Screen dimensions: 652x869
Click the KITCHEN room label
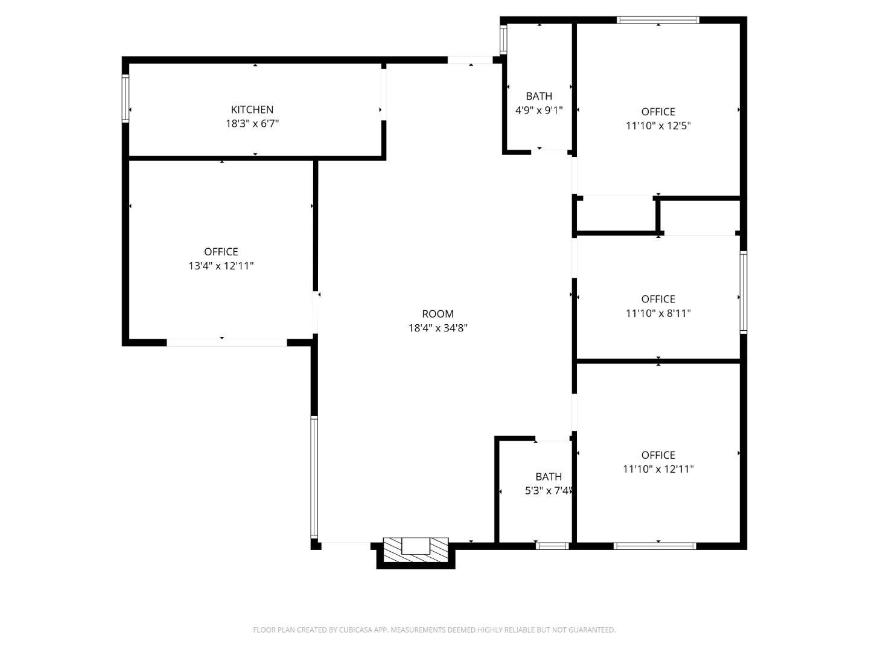252,109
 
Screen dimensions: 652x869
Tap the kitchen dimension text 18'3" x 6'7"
252,124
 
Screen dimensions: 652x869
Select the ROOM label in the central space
438,314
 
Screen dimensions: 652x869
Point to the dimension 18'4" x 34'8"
438,328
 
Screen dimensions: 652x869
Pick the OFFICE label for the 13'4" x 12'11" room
221,252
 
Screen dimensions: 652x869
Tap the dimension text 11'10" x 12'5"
658,126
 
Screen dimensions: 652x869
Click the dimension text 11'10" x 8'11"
658,313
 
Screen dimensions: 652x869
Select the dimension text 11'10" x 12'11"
658,469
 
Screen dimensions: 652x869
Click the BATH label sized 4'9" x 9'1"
539,96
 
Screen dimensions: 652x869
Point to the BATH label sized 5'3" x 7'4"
548,476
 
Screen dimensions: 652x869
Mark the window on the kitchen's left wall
126,98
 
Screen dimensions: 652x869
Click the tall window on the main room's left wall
314,477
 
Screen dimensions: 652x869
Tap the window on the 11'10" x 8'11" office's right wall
743,292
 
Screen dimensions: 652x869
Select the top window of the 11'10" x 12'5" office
658,20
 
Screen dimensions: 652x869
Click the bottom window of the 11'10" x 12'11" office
655,546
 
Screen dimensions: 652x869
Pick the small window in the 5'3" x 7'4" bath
552,546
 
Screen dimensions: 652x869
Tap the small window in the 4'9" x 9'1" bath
503,39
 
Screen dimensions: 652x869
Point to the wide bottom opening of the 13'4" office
227,342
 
